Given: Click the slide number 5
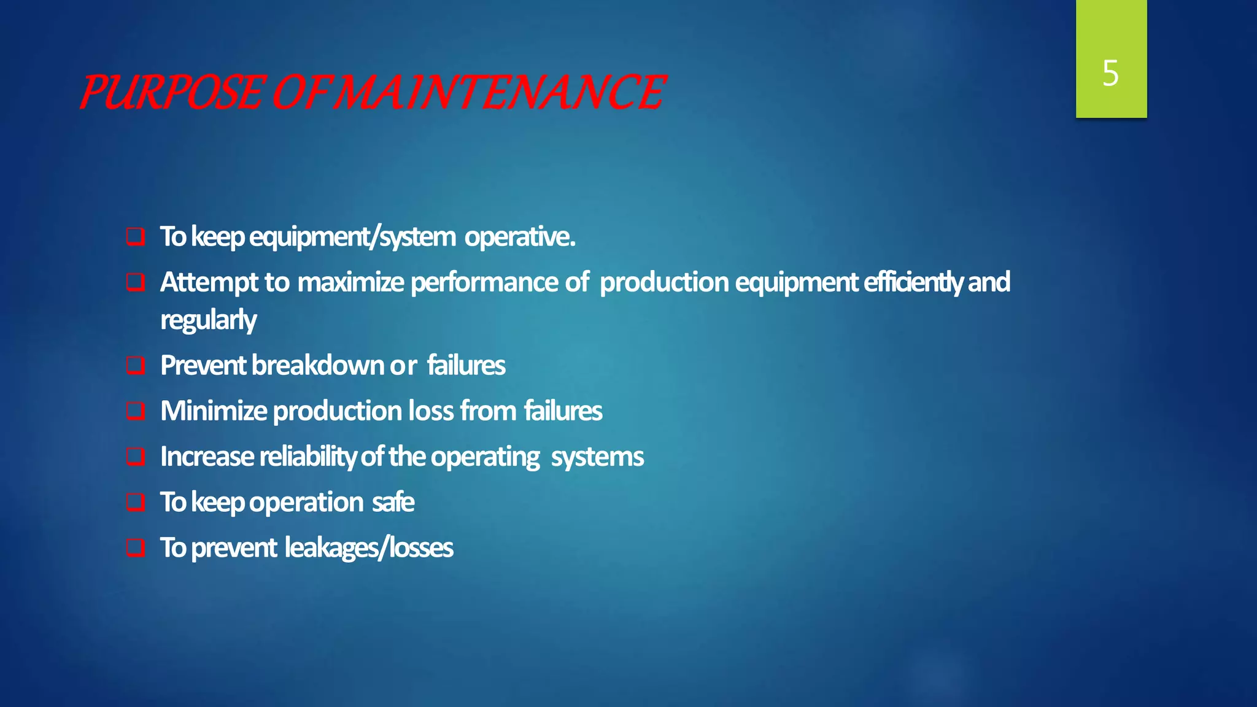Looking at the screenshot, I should point(1110,74).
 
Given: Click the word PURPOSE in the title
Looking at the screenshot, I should point(172,93).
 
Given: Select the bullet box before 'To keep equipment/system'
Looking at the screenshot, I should point(136,237).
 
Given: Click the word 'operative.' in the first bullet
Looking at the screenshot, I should point(520,237).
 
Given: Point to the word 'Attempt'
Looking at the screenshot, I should point(209,283).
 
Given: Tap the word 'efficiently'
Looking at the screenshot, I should point(913,283).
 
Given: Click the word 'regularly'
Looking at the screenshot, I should point(208,320).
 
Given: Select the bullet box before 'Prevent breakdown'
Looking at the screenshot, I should point(136,366).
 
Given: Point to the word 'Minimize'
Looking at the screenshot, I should point(214,411).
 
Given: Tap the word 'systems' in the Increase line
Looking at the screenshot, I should point(597,457).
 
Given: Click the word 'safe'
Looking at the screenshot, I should point(393,503).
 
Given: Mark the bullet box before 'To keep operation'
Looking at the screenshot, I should point(136,503).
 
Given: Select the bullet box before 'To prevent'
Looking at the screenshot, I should point(136,548).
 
